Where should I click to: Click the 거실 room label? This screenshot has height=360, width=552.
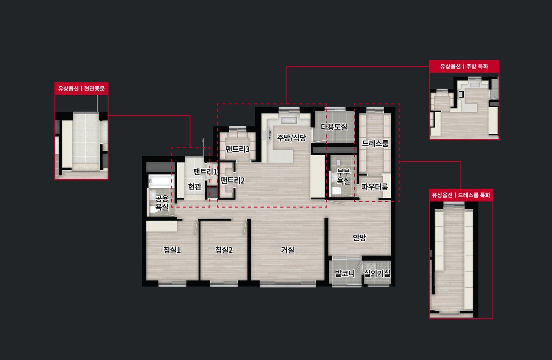coord(287,250)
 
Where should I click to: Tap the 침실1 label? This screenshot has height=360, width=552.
coord(172,250)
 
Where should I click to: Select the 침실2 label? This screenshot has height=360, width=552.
coord(224,250)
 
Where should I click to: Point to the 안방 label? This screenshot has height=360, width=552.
coord(359,238)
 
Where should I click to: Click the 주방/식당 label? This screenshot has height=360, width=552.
coord(292,138)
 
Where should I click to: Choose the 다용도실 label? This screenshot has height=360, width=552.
coord(334,127)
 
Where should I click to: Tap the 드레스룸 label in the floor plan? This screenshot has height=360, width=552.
coord(375,143)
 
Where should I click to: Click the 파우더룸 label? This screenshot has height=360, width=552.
coord(375,187)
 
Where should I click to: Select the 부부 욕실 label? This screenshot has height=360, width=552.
coord(344,176)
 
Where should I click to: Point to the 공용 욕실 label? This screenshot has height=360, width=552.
coord(162,203)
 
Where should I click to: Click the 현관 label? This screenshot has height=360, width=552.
coord(195,186)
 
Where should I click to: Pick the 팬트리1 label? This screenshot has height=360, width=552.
coord(205,172)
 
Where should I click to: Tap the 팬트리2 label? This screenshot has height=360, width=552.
coord(232,181)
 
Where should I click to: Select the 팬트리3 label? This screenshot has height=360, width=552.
coord(237,149)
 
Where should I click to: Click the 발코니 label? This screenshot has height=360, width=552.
coord(345,273)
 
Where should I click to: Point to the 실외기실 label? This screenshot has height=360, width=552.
coord(377,273)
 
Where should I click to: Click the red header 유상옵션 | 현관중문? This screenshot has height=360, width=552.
coord(81,88)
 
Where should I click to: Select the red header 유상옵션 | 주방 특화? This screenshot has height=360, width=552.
coord(464,66)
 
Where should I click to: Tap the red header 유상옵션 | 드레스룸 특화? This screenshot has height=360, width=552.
coord(461,195)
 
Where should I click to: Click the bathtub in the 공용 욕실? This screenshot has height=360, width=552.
coord(160,181)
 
